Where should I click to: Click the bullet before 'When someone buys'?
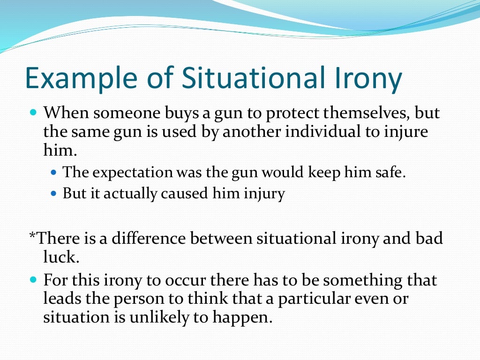[x=32, y=113]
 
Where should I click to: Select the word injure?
[x=404, y=132]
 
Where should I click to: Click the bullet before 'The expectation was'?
[x=53, y=172]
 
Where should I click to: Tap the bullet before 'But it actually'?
[x=53, y=193]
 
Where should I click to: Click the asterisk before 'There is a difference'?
[x=32, y=236]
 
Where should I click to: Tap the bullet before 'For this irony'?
[x=32, y=280]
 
